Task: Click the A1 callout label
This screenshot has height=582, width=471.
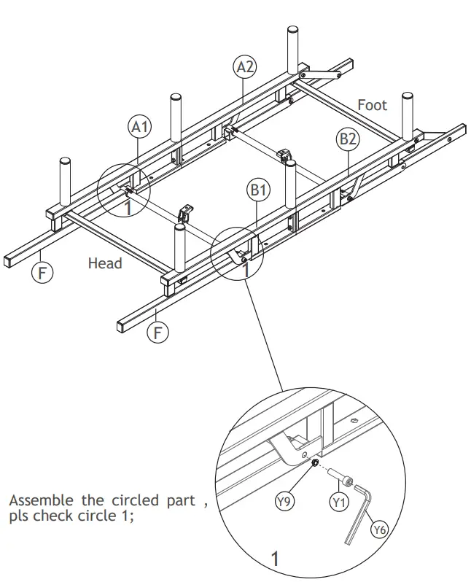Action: [x=139, y=126]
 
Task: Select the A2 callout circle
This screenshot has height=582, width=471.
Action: [x=245, y=66]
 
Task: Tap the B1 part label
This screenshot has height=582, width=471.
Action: [x=259, y=191]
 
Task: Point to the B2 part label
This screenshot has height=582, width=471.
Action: [x=346, y=139]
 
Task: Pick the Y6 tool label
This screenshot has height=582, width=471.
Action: [x=378, y=529]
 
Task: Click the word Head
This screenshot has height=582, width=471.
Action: [x=105, y=263]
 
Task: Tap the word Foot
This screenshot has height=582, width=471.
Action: [x=372, y=105]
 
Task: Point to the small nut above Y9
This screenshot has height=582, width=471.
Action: [x=312, y=465]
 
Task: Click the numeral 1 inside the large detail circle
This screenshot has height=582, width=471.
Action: [x=275, y=559]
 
